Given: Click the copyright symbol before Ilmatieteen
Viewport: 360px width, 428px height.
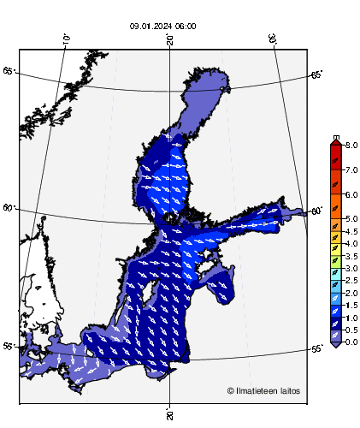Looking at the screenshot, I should coord(231,391).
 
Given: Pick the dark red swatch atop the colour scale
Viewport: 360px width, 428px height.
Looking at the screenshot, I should coord(335,152).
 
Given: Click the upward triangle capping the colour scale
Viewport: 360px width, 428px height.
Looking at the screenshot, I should coord(335,142).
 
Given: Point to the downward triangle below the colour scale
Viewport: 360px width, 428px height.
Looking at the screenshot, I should coord(335,345).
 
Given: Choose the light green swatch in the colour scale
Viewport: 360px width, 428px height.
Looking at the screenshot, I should coord(335,260).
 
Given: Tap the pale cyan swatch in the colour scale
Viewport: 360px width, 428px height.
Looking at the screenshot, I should coord(335,272).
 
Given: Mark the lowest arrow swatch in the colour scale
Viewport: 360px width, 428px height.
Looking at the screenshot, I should coord(335,336).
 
